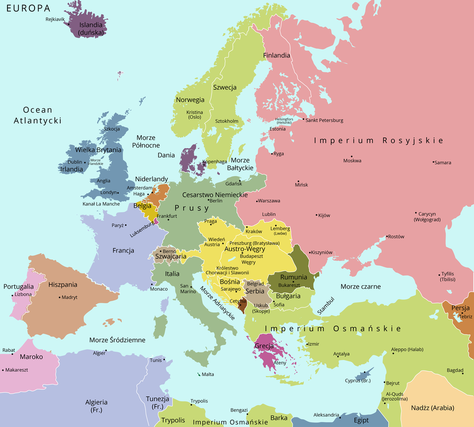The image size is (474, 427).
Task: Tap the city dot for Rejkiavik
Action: tap(68, 23)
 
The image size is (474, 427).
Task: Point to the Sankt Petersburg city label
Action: tap(324, 120)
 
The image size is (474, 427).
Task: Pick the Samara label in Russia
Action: tap(442, 162)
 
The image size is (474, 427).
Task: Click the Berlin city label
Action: tap(216, 201)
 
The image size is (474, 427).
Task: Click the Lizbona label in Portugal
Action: tap(23, 294)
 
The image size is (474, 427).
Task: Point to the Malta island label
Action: tap(208, 374)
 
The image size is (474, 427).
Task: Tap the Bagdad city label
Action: tap(455, 370)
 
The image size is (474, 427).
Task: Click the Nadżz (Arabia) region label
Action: tap(433, 408)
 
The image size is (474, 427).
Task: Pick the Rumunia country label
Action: tap(293, 277)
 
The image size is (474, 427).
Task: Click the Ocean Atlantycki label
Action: tap(38, 115)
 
